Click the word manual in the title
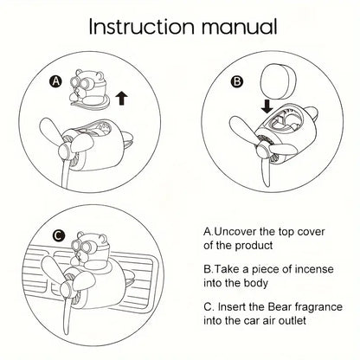pyautogui.click(x=239, y=27)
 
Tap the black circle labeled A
pyautogui.click(x=56, y=81)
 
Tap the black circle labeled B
pyautogui.click(x=236, y=81)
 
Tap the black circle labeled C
pyautogui.click(x=59, y=235)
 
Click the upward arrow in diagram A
pyautogui.click(x=121, y=98)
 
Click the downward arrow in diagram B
pyautogui.click(x=267, y=106)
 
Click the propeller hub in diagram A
pyautogui.click(x=64, y=150)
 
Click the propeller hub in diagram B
pyautogui.click(x=261, y=149)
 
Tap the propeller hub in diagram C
pyautogui.click(x=67, y=288)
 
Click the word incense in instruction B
pyautogui.click(x=313, y=269)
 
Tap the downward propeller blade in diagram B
pyautogui.click(x=266, y=170)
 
